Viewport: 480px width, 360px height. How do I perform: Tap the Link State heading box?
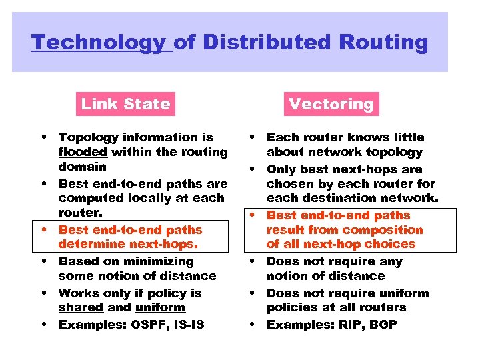[x=125, y=104]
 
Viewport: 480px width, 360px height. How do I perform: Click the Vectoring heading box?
[x=331, y=104]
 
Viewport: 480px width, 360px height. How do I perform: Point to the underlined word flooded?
[x=83, y=152]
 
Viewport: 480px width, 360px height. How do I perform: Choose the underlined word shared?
[x=81, y=308]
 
